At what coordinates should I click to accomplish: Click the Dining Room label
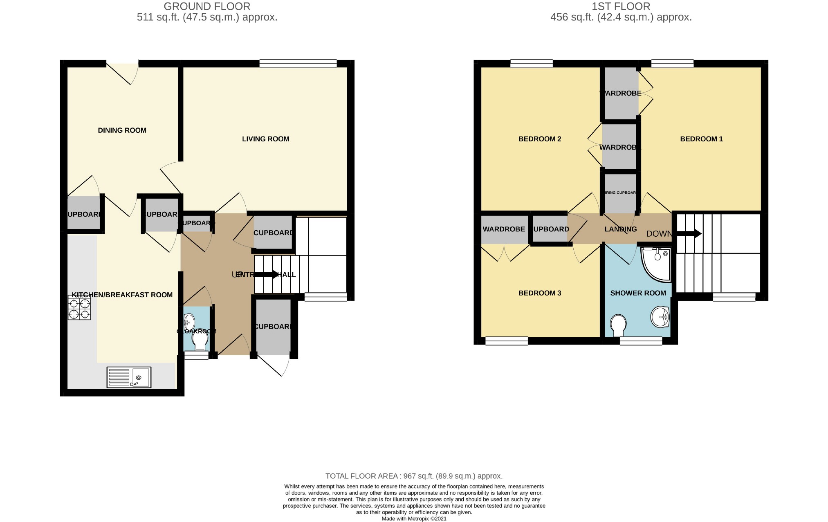click(122, 130)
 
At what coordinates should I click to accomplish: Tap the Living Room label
click(265, 139)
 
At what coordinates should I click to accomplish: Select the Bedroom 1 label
click(701, 139)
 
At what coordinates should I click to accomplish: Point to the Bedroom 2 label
click(539, 139)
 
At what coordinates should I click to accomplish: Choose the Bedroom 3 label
click(539, 293)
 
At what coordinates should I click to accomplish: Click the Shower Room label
click(638, 293)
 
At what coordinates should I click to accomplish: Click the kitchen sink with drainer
click(129, 377)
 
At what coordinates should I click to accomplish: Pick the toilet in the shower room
click(618, 325)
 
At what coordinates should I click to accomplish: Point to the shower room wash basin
click(660, 316)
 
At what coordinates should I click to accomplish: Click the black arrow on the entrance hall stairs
click(266, 274)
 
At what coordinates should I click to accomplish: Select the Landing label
click(620, 229)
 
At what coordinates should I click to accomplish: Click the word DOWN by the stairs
click(659, 234)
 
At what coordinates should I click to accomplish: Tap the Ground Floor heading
click(207, 7)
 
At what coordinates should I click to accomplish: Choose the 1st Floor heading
click(621, 7)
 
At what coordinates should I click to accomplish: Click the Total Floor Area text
click(414, 476)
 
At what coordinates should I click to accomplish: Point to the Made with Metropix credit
click(414, 519)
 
